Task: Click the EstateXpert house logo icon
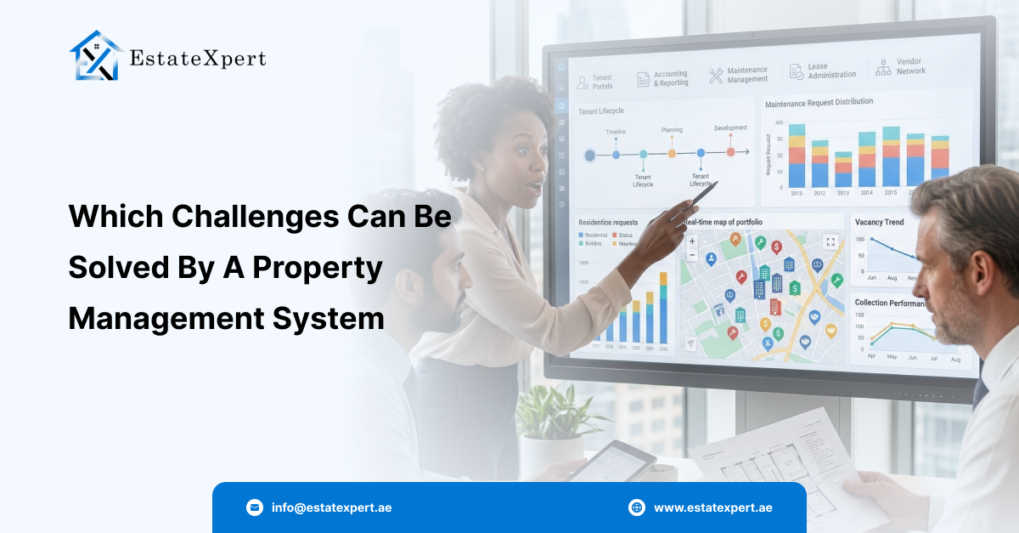(x=96, y=56)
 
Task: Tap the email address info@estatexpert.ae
(x=331, y=507)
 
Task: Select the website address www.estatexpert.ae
(x=712, y=507)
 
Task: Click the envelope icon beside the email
(x=255, y=507)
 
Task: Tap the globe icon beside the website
(x=637, y=507)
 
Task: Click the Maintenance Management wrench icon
(x=716, y=76)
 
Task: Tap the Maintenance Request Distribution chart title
(x=819, y=103)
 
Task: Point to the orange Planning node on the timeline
(x=672, y=154)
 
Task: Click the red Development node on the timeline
(x=730, y=152)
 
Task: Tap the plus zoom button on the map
(x=692, y=241)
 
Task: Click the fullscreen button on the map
(x=830, y=241)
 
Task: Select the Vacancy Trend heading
(x=879, y=223)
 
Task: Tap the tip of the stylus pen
(x=717, y=184)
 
